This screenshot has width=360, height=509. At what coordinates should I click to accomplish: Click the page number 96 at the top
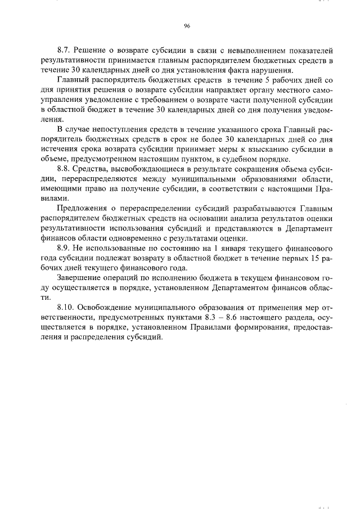point(186,26)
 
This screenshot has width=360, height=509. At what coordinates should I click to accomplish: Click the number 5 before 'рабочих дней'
point(264,81)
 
